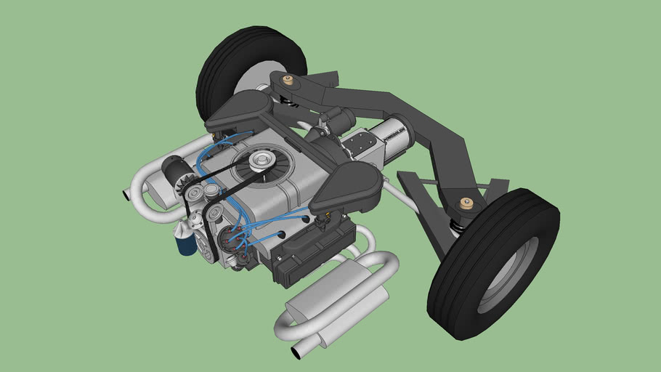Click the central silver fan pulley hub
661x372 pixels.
[x=259, y=161]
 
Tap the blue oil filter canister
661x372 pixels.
[x=187, y=242]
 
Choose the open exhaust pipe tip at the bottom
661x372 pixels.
[x=298, y=352]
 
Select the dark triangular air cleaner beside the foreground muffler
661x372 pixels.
[x=347, y=186]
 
